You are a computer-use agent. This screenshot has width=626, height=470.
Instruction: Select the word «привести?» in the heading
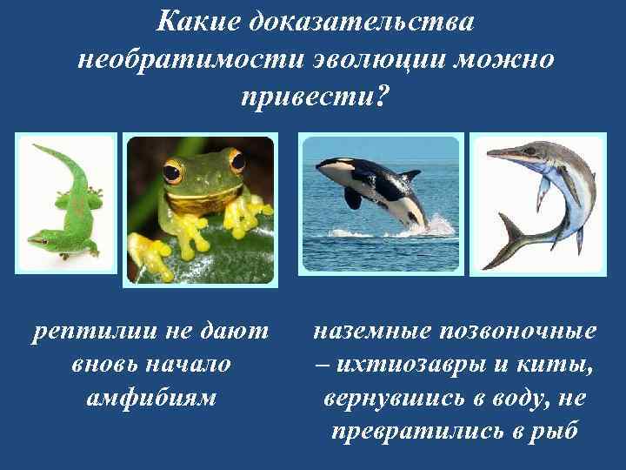(312, 98)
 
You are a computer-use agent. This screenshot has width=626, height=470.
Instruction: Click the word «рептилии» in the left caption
(86, 331)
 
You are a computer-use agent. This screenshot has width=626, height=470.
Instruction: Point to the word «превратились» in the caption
(414, 430)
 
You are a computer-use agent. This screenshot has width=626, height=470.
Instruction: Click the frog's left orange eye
(174, 171)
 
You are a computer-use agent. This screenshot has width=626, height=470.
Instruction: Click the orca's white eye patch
(334, 164)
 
